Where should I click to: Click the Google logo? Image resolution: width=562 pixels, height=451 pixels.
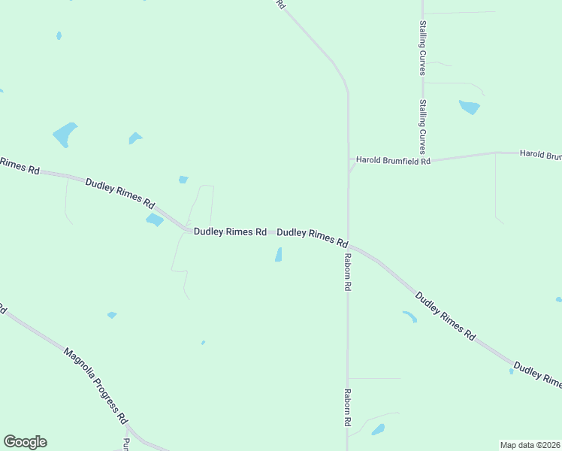25,442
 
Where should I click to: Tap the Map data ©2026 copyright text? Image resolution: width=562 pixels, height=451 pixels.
530,445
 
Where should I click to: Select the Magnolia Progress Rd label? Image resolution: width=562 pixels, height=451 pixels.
95,386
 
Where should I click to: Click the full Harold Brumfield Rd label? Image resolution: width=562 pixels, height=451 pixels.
393,160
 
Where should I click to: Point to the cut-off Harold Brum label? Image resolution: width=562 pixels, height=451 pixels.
540,155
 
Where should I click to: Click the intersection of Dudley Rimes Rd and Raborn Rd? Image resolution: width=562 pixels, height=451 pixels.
348,245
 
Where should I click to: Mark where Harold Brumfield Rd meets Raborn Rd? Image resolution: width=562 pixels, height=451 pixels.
348,161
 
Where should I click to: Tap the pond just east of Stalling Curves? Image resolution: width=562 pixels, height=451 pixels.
470,107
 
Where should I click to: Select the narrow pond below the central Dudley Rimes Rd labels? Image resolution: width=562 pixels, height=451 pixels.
279,256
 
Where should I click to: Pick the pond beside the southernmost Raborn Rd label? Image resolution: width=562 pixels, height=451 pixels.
377,429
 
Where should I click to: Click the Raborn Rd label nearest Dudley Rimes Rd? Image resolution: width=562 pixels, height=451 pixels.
348,272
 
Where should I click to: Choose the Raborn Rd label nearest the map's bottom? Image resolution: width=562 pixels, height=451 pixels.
348,408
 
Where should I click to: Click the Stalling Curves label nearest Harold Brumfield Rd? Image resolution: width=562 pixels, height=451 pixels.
422,127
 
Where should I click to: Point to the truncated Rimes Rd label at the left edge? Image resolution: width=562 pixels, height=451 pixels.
20,165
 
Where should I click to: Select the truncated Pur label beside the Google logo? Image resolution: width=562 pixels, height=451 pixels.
126,443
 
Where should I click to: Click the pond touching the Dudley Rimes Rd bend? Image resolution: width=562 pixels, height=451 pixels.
155,220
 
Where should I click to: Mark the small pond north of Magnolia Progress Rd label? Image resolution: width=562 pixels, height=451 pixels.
112,315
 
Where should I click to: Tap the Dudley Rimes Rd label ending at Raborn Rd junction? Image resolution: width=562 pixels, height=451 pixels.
313,238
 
